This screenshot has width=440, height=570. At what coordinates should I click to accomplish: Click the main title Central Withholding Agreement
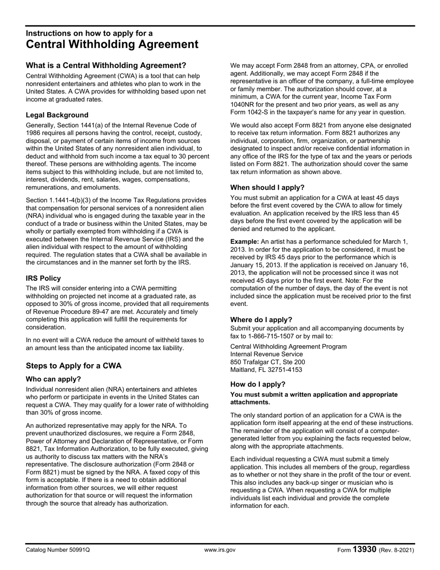112,44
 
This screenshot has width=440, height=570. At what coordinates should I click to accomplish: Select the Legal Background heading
57,115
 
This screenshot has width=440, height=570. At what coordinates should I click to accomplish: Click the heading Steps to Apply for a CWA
74,366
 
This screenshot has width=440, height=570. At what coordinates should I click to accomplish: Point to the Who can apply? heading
53,379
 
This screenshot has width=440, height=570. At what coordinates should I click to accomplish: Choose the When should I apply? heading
267,187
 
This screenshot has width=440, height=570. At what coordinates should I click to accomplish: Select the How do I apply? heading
258,384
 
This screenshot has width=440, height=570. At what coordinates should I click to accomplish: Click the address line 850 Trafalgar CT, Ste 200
268,362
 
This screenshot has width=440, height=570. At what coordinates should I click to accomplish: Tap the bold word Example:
245,241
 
